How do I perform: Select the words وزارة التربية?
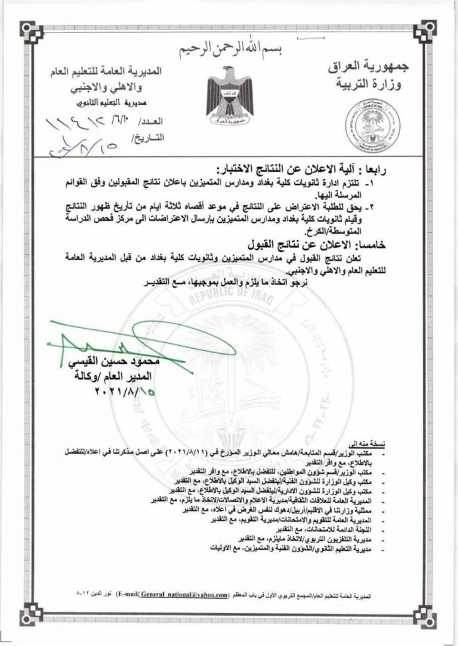(x=368, y=85)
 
